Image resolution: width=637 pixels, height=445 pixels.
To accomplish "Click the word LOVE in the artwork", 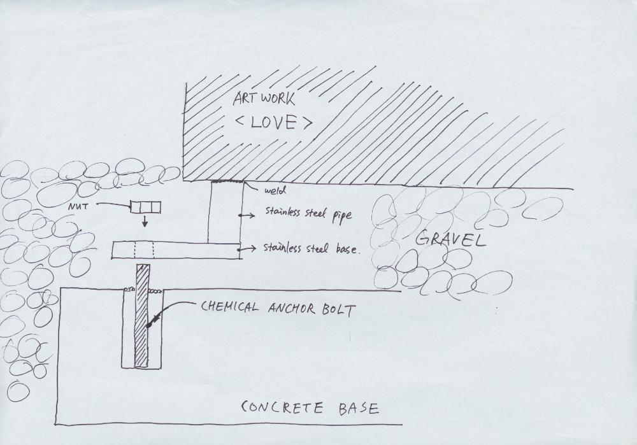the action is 273,122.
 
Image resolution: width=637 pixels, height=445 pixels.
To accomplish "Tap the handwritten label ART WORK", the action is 264,98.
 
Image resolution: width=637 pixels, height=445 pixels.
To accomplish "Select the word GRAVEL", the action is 450,238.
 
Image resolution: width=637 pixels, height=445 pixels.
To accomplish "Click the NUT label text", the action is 78,207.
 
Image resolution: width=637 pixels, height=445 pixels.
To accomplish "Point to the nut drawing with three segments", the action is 145,207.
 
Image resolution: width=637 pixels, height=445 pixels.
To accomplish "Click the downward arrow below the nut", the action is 145,222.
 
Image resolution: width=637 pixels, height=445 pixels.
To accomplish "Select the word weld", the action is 275,190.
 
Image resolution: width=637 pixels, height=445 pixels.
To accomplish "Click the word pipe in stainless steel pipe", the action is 342,215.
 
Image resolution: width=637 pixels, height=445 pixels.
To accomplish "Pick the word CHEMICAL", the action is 229,306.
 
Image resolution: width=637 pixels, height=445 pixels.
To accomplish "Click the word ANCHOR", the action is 291,309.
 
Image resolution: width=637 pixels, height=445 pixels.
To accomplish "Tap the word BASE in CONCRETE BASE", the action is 359,408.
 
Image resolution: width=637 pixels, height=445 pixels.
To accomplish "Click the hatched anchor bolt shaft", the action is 142,316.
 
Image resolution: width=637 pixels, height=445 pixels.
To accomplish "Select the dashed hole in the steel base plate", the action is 144,250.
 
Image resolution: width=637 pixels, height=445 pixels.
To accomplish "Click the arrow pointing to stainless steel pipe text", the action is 247,216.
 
